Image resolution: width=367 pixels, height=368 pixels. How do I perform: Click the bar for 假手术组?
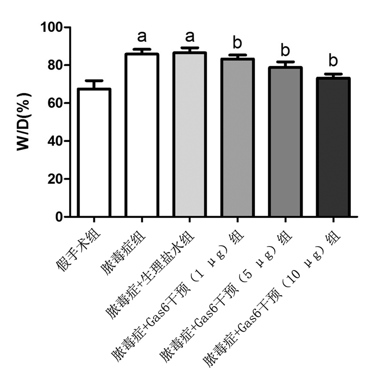(x=94, y=152)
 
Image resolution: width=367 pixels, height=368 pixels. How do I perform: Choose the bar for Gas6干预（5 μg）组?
(x=285, y=141)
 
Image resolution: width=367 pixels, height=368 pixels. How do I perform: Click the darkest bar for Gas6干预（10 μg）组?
(x=333, y=147)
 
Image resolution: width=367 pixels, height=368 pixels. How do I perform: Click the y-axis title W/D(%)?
(x=24, y=121)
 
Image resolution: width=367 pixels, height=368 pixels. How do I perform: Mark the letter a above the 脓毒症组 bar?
(x=142, y=37)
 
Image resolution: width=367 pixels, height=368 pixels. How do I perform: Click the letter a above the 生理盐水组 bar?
(x=190, y=37)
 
